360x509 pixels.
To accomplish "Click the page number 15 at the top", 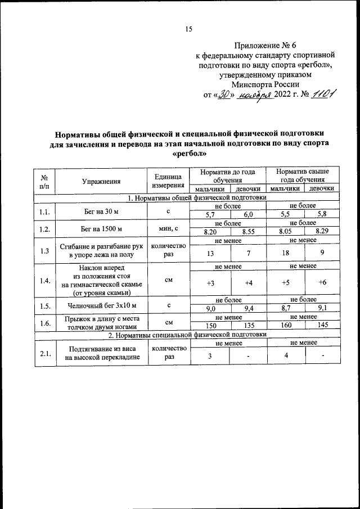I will [x=190, y=30].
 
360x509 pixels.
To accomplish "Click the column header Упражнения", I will [x=101, y=181].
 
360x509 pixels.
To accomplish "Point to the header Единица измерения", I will [x=168, y=181].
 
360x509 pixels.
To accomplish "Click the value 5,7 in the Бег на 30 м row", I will [x=211, y=215].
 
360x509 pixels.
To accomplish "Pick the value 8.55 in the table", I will [x=248, y=231].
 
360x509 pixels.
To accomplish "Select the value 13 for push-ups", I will [x=211, y=253].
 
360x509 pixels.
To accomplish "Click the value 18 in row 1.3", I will [x=285, y=253].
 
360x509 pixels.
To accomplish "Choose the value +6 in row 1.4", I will [x=322, y=282].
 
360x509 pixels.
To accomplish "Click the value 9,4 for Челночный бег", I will [x=248, y=308].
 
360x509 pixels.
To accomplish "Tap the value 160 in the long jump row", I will [x=285, y=325].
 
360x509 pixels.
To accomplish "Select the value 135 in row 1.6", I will [x=248, y=325].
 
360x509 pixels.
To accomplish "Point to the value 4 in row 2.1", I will [x=286, y=354].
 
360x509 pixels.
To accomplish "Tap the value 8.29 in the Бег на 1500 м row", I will [x=322, y=231].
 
